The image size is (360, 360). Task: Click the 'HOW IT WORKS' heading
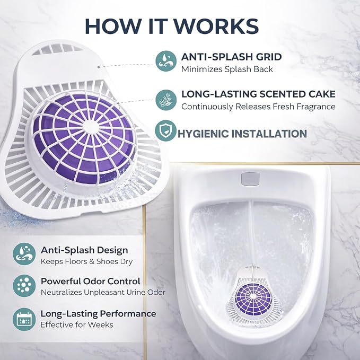coord(172,26)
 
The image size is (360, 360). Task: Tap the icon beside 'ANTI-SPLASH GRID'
coord(166,61)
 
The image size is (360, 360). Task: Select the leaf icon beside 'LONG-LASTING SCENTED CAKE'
coord(166,100)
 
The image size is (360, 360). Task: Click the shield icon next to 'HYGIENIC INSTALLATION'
coord(165,130)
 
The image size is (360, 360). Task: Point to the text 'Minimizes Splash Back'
coord(227,69)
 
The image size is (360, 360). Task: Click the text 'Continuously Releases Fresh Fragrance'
coord(258,107)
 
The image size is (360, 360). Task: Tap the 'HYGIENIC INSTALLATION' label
coord(242,134)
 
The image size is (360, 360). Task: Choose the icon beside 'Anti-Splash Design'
coord(24,254)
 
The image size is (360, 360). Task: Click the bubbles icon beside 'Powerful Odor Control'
coord(24,286)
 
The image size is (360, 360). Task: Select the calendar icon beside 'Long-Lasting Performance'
coord(24,319)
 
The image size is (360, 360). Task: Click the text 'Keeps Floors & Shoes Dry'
coord(86,261)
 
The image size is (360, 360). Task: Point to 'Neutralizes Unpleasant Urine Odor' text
coord(103,292)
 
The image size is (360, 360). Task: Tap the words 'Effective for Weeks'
coord(77,324)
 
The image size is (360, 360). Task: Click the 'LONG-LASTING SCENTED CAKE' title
coord(259,94)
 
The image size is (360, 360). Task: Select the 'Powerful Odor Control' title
coord(91,281)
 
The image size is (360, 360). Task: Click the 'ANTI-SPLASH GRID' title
coord(231,57)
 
